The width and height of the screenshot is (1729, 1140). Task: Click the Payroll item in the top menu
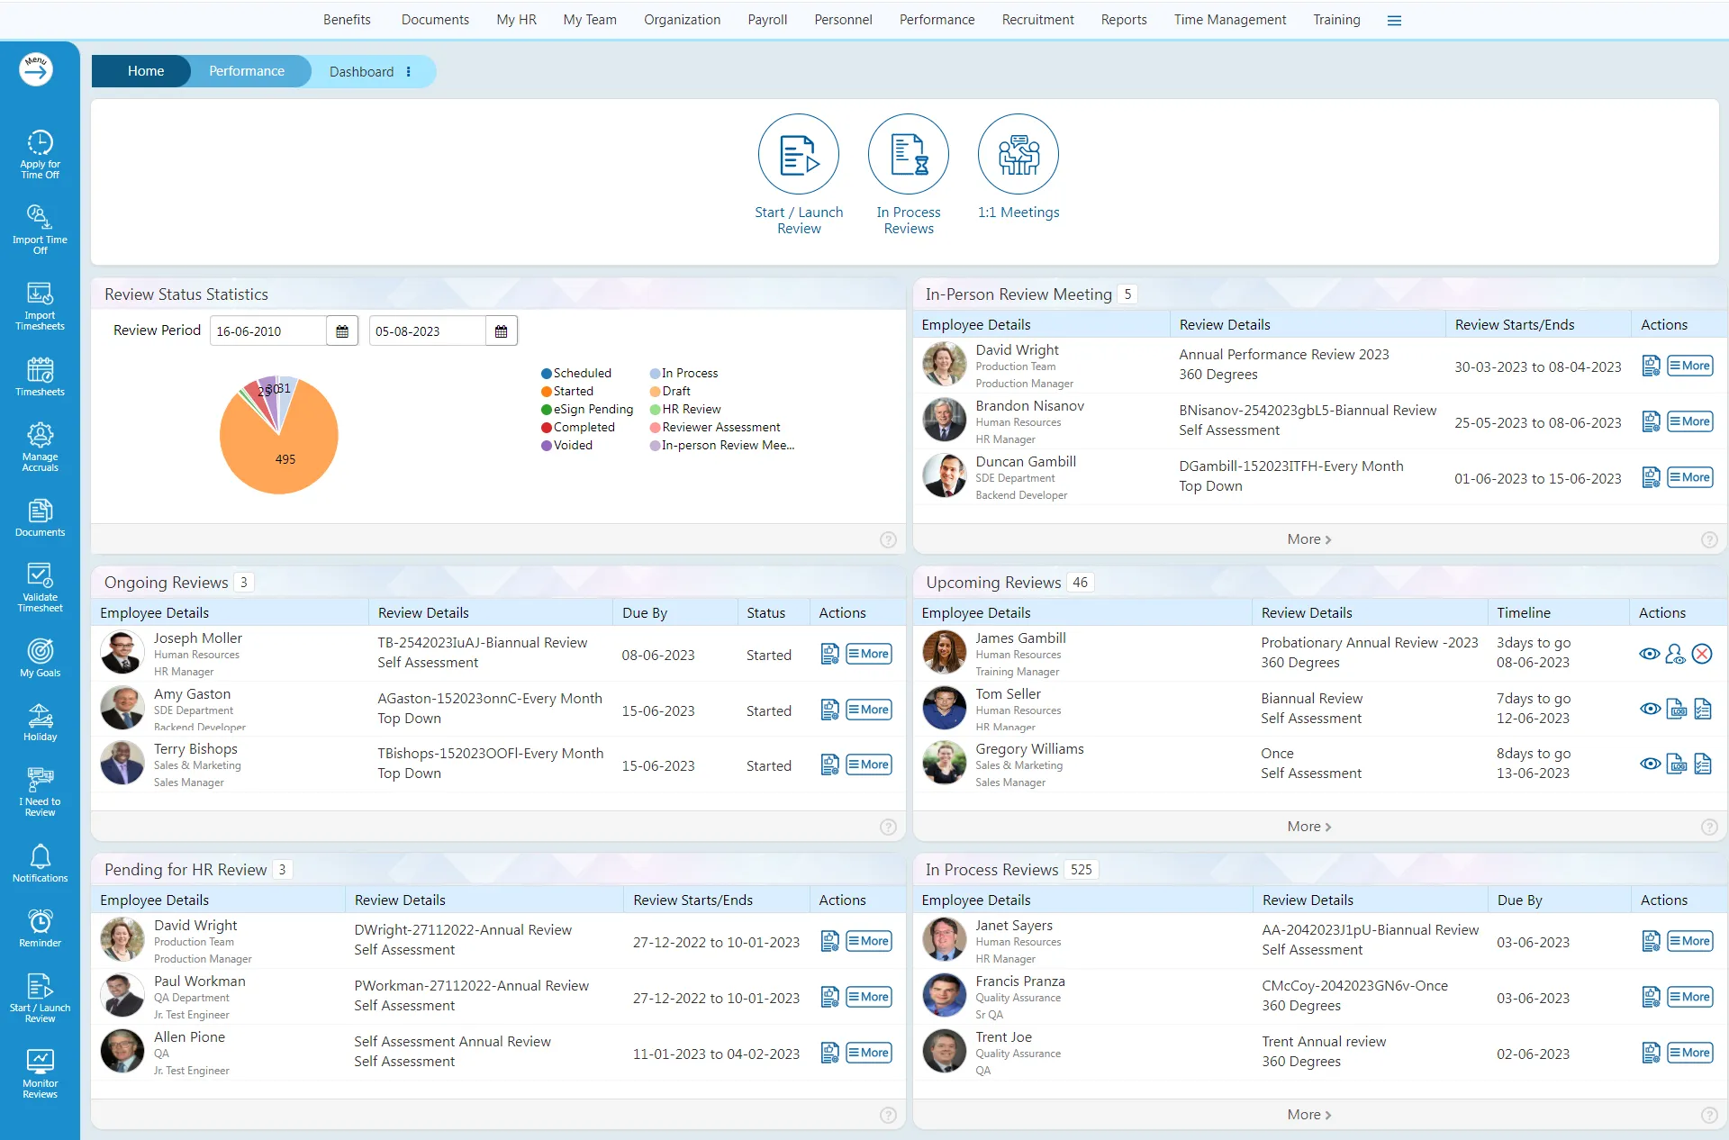pos(767,20)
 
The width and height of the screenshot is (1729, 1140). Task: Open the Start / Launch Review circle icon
pos(799,154)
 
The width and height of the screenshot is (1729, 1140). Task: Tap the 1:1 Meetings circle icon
pos(1018,154)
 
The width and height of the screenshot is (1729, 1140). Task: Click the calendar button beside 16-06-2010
pos(342,331)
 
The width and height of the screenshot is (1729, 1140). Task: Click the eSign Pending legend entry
pos(587,409)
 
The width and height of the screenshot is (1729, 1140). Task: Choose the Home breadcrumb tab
pos(145,71)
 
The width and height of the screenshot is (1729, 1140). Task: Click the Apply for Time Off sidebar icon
pos(40,153)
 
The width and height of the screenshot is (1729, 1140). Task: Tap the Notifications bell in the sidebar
pos(40,863)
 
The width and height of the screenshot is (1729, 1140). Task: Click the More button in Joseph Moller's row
pos(868,654)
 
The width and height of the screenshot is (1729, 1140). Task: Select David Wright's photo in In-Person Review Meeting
pos(944,365)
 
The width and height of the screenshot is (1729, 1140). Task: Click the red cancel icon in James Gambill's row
pos(1702,654)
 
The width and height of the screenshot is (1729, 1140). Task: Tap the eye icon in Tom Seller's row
pos(1650,709)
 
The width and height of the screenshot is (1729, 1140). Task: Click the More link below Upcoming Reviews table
pos(1308,827)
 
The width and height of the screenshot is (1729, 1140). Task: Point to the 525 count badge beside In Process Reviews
pos(1081,870)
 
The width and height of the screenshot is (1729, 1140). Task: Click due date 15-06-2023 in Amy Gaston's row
pos(657,710)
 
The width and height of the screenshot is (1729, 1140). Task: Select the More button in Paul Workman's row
pos(868,997)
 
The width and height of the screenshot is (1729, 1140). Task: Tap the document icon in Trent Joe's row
pos(1651,1053)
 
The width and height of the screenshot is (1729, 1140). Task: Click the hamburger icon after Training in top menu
pos(1394,21)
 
